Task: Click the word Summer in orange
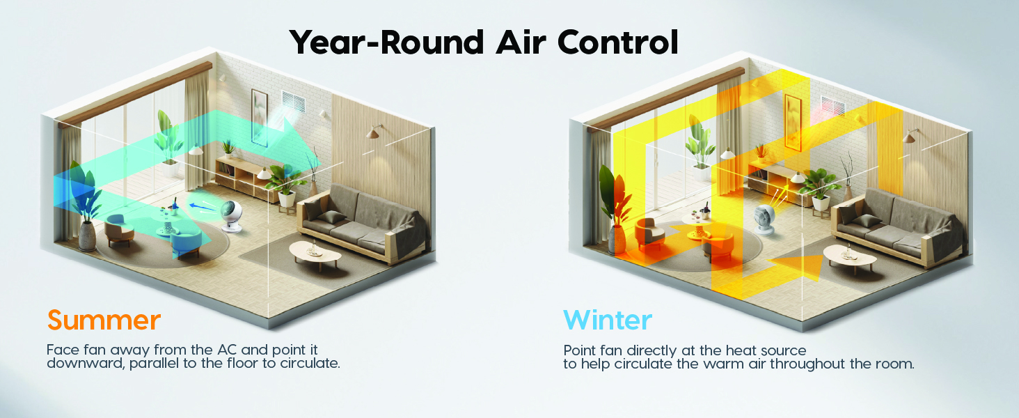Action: point(104,320)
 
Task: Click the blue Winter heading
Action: point(608,320)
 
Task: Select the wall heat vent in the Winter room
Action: point(832,106)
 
